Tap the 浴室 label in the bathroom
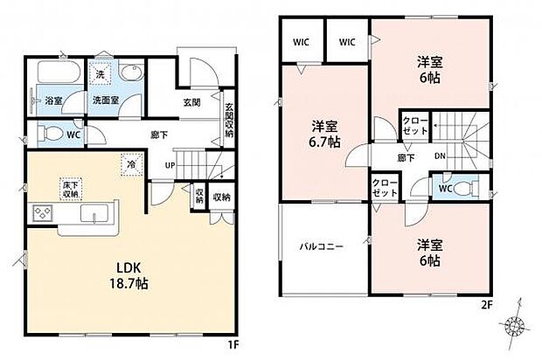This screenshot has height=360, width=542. [53, 100]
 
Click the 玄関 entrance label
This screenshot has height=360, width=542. [193, 102]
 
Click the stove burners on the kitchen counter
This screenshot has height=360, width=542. [44, 213]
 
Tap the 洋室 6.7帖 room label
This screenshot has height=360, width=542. [323, 134]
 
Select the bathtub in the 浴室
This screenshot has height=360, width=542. [59, 73]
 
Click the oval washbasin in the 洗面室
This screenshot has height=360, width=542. [134, 74]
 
